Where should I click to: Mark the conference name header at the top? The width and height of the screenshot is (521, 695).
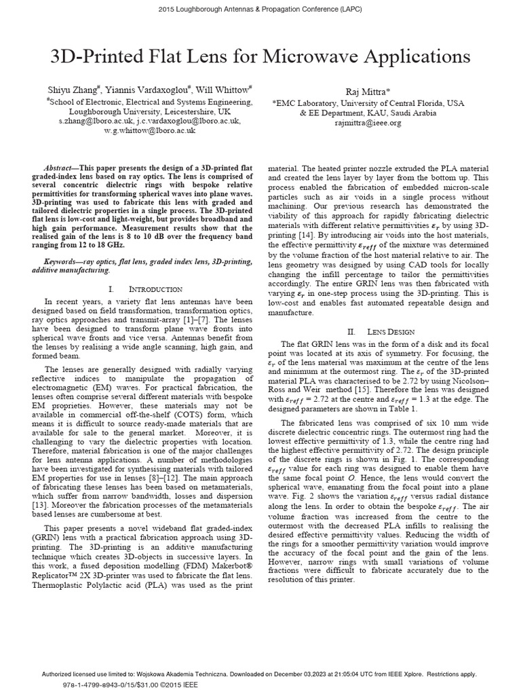(x=260, y=8)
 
